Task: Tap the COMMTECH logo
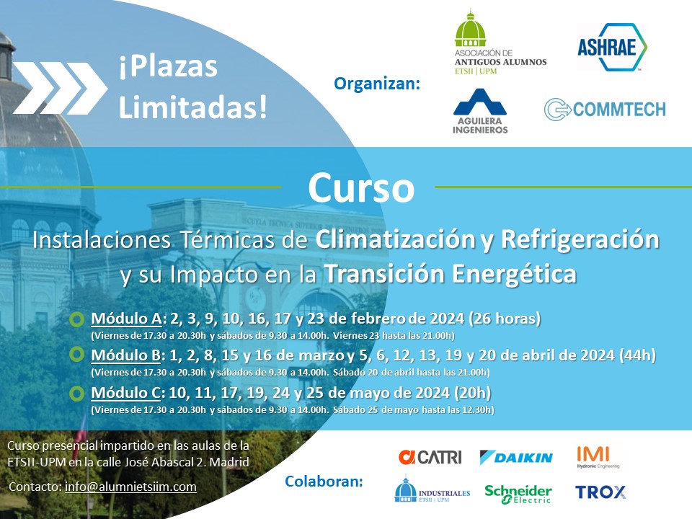click(604, 109)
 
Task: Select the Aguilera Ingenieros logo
click(480, 111)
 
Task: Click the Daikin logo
click(516, 457)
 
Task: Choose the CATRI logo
click(430, 457)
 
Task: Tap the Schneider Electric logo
click(518, 493)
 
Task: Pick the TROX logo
click(600, 492)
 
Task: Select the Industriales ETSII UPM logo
click(432, 491)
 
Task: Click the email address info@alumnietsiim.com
click(130, 487)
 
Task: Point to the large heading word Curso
click(360, 188)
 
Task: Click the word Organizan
click(376, 84)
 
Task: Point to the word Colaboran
click(324, 480)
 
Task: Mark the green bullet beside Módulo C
click(77, 394)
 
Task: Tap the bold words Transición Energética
click(450, 274)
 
